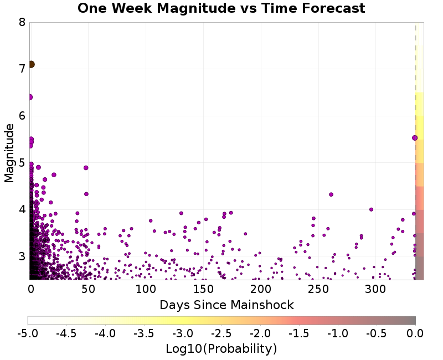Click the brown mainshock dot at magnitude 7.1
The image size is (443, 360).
31,64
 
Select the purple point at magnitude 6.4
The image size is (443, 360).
30,97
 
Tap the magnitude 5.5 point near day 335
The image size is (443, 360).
415,138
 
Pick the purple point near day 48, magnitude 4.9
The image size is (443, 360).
86,168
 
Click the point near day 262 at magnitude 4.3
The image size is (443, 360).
331,194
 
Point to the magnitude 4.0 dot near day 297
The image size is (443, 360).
371,209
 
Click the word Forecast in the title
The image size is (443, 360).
330,8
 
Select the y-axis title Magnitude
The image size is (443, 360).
9,153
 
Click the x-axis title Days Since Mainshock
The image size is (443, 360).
226,305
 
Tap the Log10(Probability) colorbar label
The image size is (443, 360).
221,349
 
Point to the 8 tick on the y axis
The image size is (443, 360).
22,23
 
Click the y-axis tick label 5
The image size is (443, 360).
22,163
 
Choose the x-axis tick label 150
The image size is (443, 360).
203,289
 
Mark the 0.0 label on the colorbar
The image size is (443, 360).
415,333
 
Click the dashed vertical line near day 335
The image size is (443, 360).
415,83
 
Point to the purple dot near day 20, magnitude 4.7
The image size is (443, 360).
54,174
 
